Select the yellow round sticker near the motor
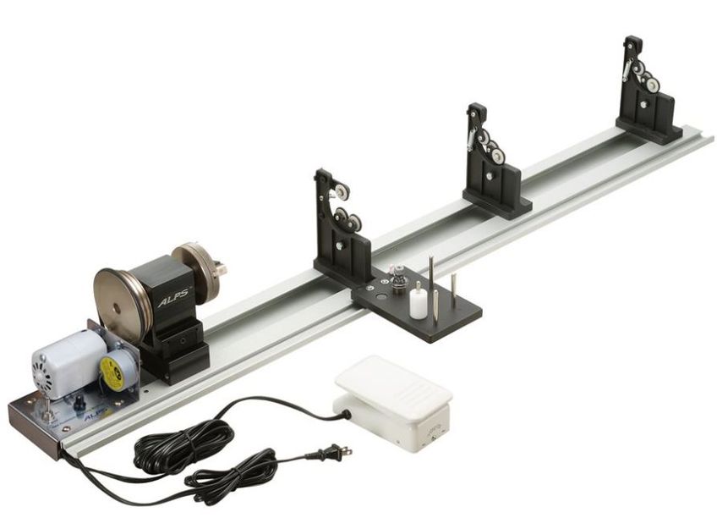(x=112, y=372)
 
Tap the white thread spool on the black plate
(x=418, y=301)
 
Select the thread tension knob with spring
(x=397, y=279)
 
